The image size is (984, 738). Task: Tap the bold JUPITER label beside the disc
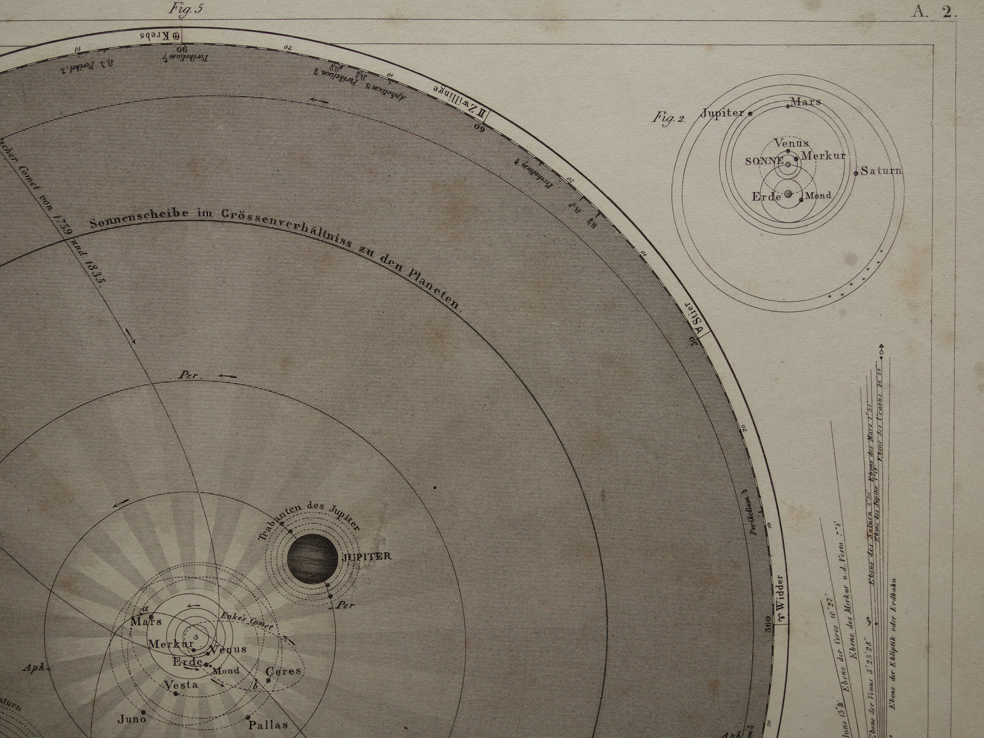tap(366, 556)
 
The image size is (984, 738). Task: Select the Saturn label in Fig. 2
tap(881, 171)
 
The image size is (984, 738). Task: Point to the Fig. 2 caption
tap(669, 117)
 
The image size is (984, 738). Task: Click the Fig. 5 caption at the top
tap(186, 9)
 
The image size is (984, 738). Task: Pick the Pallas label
tap(268, 725)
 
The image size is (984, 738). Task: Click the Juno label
tap(132, 719)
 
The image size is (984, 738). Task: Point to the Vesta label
tap(181, 684)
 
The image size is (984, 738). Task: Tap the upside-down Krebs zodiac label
tap(160, 36)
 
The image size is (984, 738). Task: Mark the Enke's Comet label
tap(247, 621)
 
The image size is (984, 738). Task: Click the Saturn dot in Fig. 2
tap(855, 173)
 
